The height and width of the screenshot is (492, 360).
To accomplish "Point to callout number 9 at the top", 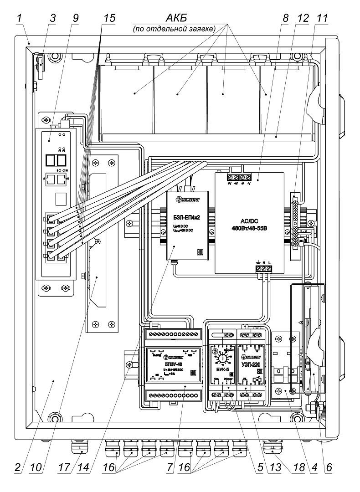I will click(75, 18).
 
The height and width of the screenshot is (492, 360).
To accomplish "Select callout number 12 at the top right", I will click(303, 18).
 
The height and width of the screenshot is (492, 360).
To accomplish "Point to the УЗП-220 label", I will click(251, 352).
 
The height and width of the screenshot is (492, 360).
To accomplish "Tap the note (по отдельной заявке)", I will click(173, 29).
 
